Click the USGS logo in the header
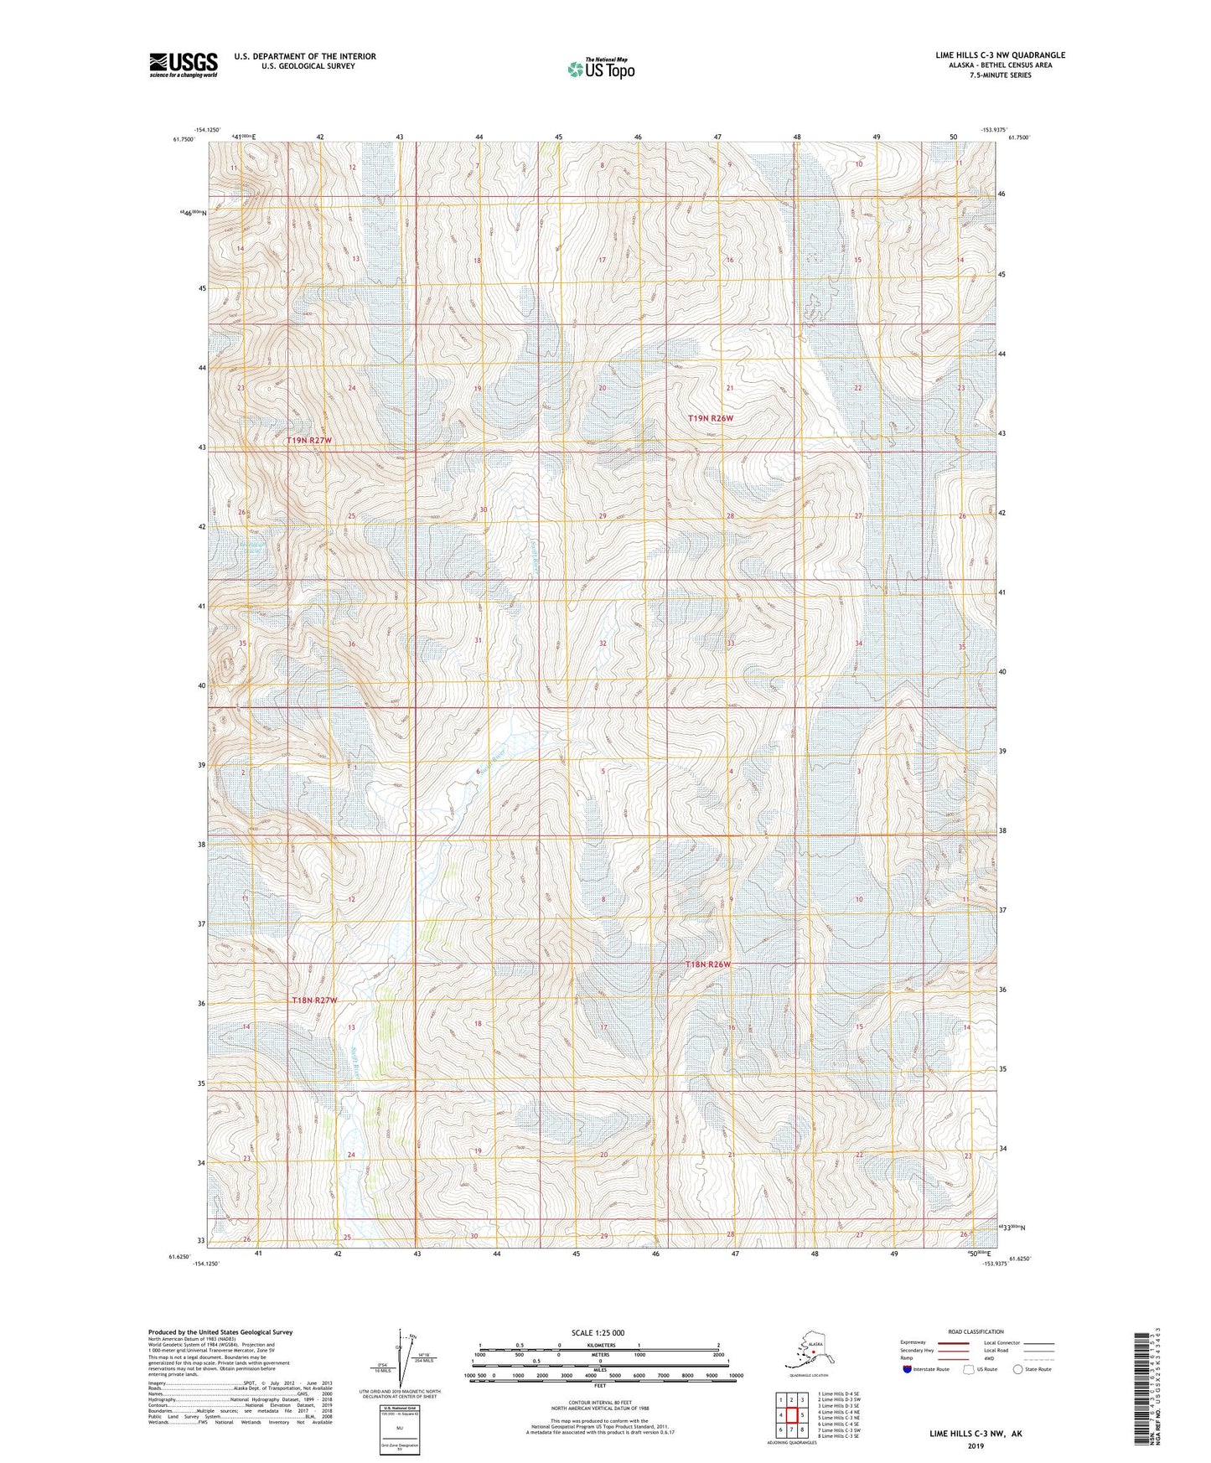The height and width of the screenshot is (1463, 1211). [x=183, y=65]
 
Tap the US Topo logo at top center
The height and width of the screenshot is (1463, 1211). [x=599, y=69]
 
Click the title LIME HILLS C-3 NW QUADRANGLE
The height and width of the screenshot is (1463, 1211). [x=1000, y=55]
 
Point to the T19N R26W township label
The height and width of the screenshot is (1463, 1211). [x=711, y=418]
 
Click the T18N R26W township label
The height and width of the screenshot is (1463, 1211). [x=708, y=964]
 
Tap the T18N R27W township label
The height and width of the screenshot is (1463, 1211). [x=314, y=1000]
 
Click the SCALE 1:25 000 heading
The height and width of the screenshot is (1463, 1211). [x=598, y=1332]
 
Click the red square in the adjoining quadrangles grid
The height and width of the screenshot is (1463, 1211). [x=791, y=1414]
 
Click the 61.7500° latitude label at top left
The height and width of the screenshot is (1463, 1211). [x=184, y=140]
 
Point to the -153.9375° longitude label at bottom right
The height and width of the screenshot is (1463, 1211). [x=996, y=1264]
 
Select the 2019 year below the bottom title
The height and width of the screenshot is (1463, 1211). [x=975, y=1445]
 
